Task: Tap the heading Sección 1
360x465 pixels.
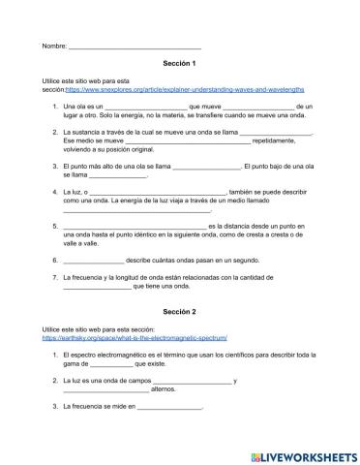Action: (179, 62)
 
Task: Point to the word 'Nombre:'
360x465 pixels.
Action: (54, 46)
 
